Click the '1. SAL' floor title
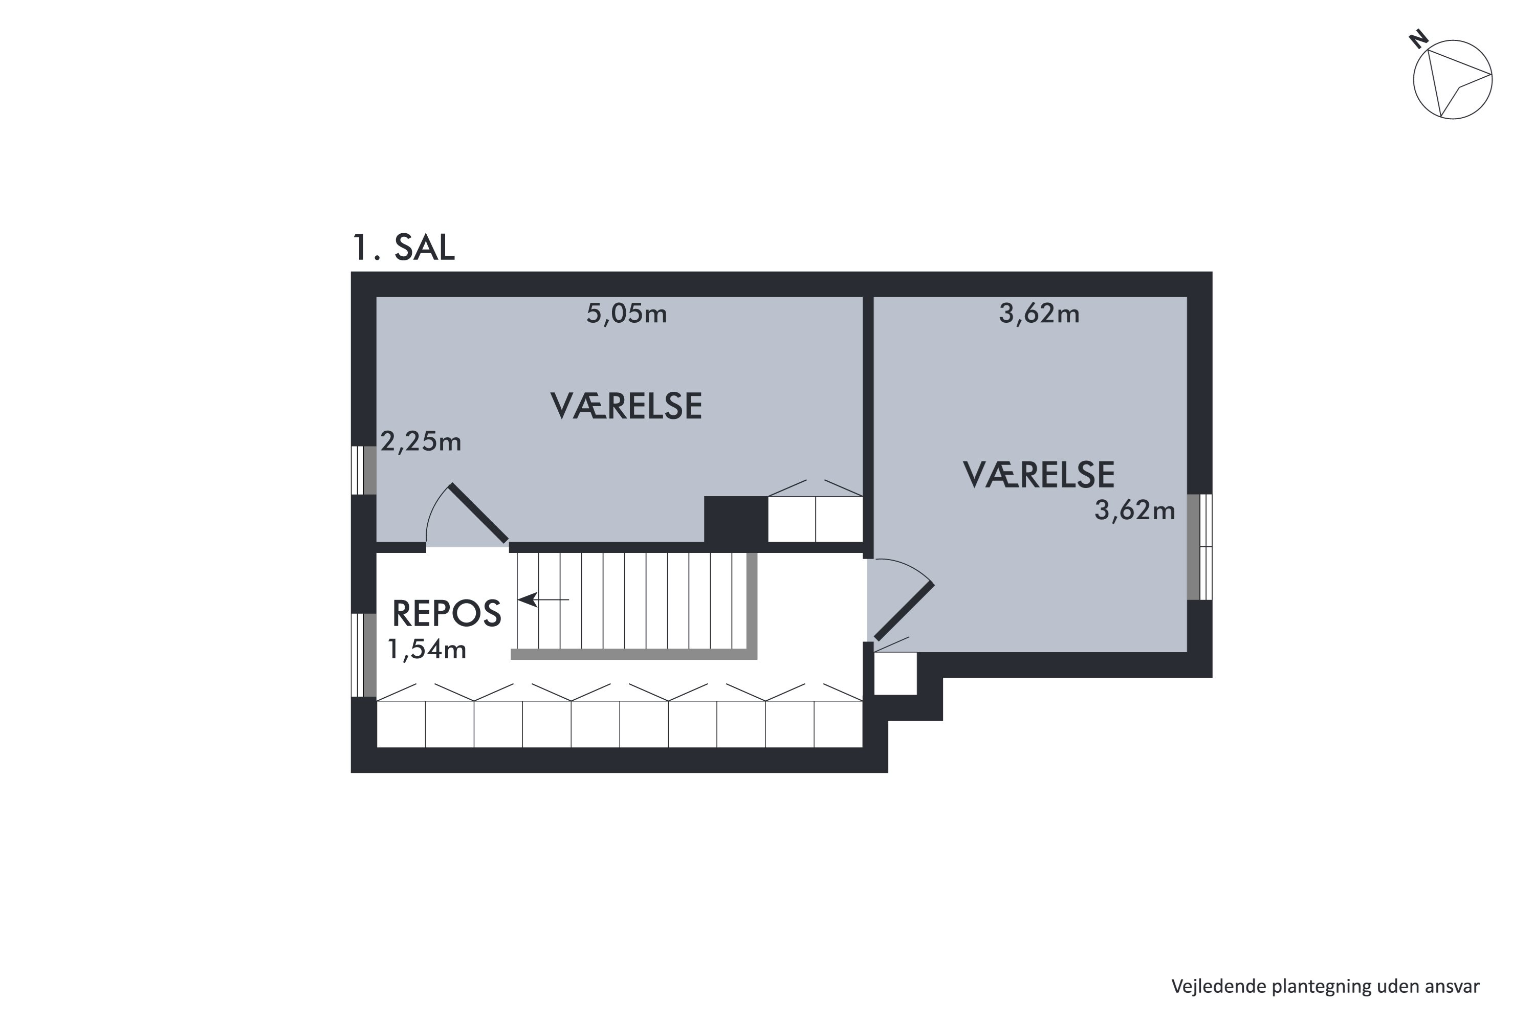(403, 249)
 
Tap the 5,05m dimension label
(626, 315)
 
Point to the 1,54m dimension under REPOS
(427, 649)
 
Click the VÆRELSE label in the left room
(626, 407)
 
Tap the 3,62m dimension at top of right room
(1039, 315)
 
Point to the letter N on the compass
(1418, 40)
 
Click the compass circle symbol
(1452, 80)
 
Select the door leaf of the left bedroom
(478, 514)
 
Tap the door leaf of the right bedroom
(904, 611)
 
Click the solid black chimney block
(735, 519)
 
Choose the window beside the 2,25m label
(363, 471)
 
